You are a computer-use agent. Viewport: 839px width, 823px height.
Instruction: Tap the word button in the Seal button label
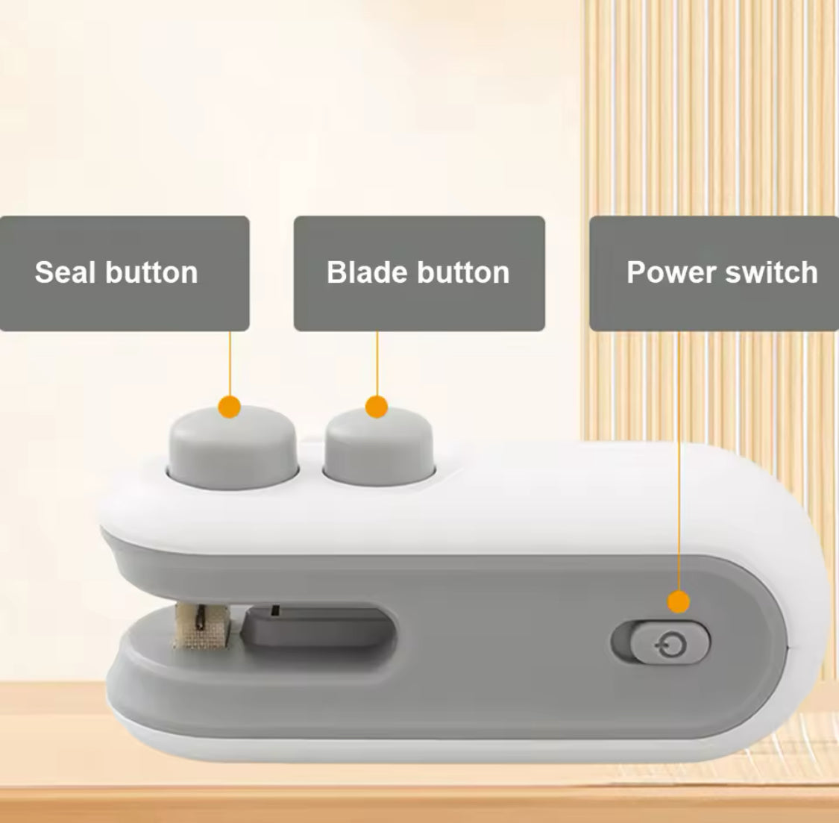[151, 272]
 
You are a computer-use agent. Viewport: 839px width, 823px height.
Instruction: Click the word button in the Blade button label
[463, 272]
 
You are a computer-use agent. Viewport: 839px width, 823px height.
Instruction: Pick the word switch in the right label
[771, 272]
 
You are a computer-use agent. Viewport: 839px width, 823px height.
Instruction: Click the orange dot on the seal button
[230, 407]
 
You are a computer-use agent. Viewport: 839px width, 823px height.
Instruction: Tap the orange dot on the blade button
[377, 407]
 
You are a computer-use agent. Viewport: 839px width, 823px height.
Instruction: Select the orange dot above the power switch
[679, 602]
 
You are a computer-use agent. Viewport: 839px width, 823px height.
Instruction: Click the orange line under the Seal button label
[230, 363]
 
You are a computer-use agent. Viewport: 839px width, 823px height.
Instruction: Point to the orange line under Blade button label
[377, 363]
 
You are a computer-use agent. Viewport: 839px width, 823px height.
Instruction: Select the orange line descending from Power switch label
[679, 461]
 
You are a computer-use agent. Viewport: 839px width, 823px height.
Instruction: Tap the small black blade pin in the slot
[275, 610]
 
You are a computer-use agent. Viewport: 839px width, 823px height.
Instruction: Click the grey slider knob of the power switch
[670, 642]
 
